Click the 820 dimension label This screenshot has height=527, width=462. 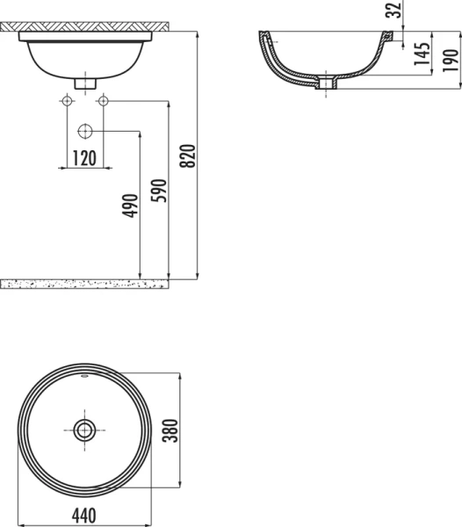[186, 155]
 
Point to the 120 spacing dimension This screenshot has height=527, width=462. [83, 158]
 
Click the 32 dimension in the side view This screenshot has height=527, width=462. [394, 10]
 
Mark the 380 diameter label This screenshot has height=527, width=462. [173, 430]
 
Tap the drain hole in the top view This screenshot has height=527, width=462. [84, 430]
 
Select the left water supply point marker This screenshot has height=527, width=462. [66, 101]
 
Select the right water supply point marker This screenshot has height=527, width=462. [103, 101]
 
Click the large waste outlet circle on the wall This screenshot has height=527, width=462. [84, 132]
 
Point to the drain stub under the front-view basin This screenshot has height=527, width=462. [84, 83]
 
